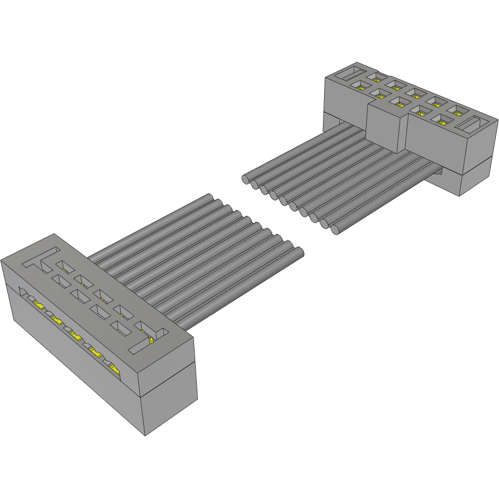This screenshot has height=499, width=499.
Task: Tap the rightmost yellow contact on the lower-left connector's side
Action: pyautogui.click(x=114, y=369)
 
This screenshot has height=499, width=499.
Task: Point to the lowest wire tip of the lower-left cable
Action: pyautogui.click(x=299, y=253)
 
